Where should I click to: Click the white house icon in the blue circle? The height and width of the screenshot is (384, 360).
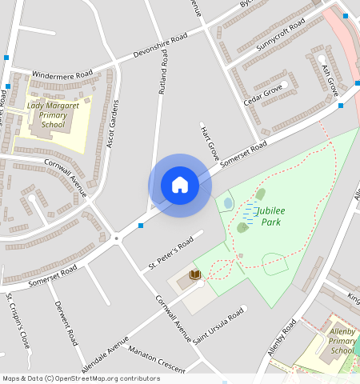click(x=180, y=185)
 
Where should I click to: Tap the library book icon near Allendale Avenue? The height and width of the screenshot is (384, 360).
click(x=194, y=275)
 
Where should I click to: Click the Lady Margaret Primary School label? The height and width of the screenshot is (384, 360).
click(x=53, y=114)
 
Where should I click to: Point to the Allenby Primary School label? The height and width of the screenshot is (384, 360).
click(x=342, y=340)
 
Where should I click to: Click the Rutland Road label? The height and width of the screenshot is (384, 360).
click(x=163, y=73)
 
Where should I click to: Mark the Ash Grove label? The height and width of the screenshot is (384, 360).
click(x=330, y=81)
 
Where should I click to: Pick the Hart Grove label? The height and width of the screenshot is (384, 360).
click(x=210, y=142)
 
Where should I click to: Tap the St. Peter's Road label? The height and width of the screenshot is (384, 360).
click(x=170, y=253)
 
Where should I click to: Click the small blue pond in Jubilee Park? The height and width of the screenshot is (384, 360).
click(x=229, y=203)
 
